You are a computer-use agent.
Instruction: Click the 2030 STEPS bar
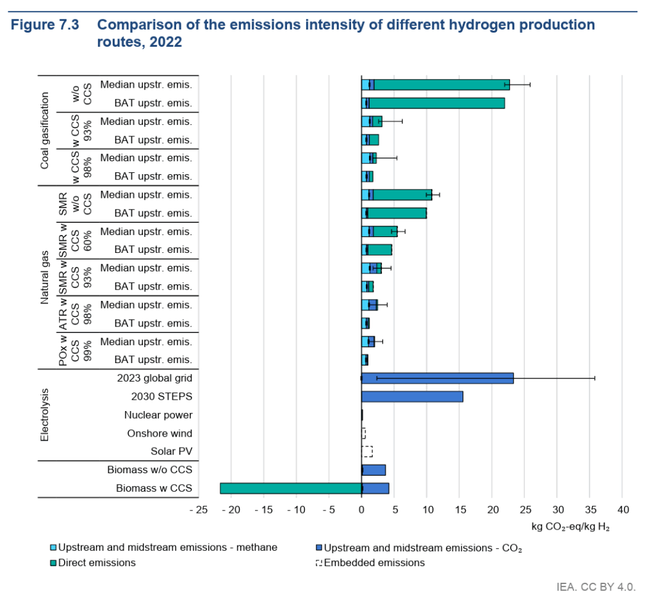[x=412, y=396]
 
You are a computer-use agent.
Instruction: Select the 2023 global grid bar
[x=438, y=378]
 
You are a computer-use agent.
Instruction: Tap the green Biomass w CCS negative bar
[x=291, y=489]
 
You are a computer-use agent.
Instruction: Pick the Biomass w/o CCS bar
[x=373, y=470]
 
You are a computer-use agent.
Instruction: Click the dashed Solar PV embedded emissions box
[x=367, y=451]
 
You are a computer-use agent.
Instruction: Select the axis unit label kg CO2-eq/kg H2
[x=571, y=528]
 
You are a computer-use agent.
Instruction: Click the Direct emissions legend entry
[x=97, y=563]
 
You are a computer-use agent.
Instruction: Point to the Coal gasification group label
[x=44, y=130]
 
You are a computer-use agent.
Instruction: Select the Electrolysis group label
[x=44, y=414]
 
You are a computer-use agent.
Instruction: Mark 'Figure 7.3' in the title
[x=45, y=26]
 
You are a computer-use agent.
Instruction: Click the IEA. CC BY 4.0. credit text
[x=596, y=585]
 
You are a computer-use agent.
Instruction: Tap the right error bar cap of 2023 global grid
[x=595, y=378]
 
